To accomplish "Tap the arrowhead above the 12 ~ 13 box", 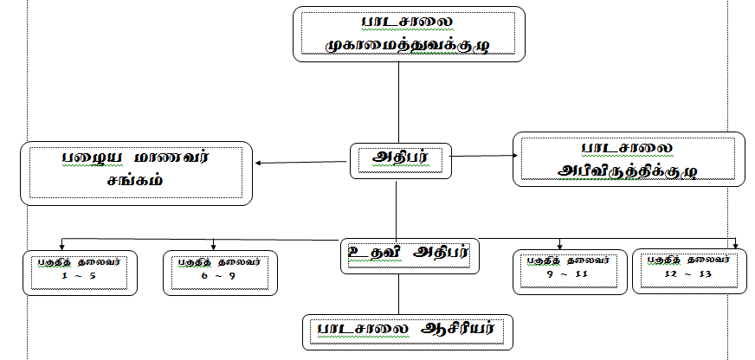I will point(735,244).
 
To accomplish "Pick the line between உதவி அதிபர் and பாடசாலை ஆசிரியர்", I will point(397,294).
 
